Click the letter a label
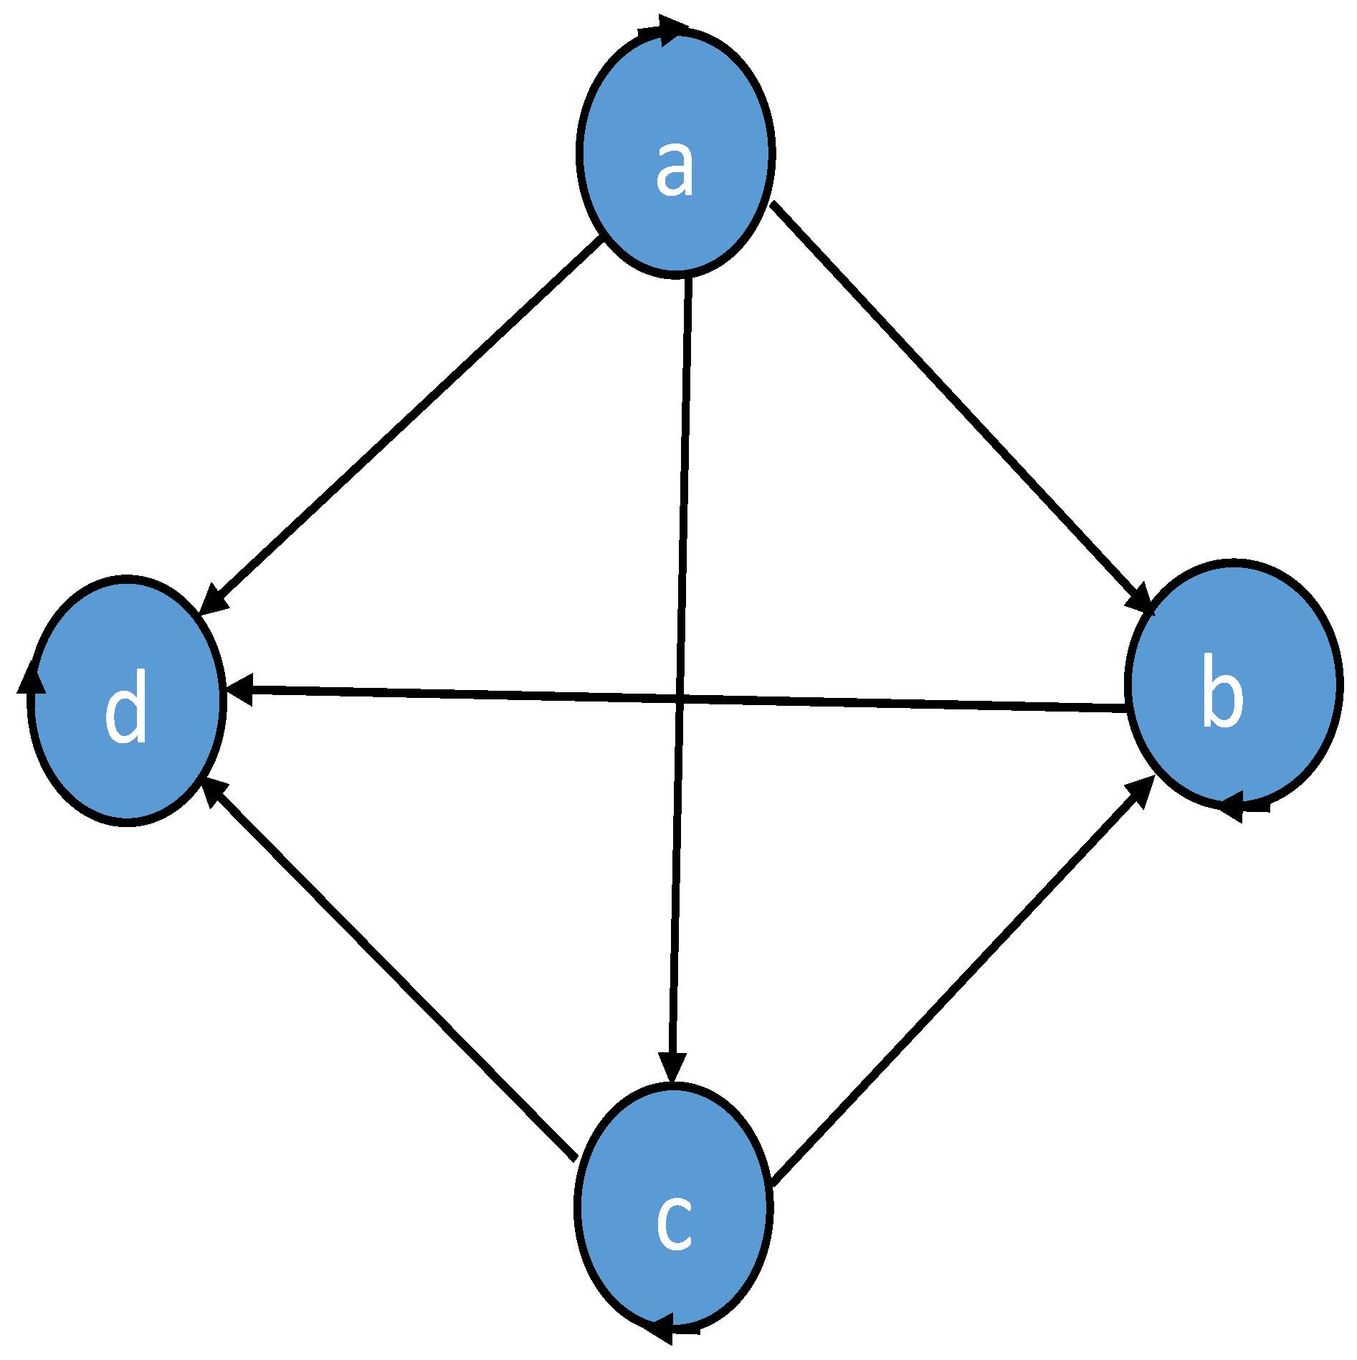coord(675,168)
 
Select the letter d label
coord(126,707)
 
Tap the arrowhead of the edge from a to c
coord(672,1067)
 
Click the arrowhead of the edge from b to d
coord(239,689)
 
